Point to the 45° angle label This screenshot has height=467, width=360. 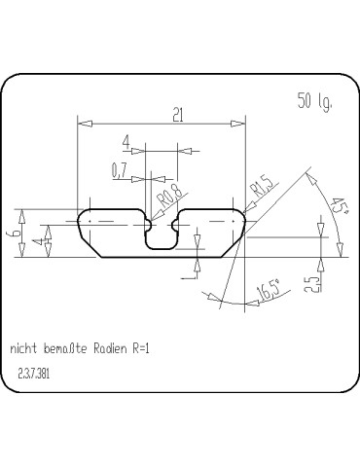[x=340, y=206]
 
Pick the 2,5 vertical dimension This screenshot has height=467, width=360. [x=308, y=284]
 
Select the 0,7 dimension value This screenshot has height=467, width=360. [x=121, y=170]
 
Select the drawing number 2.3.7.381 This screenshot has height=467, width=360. [x=36, y=373]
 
